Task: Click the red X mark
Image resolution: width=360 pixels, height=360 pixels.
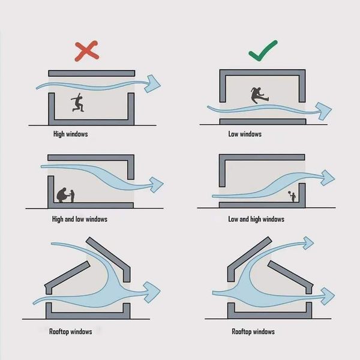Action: point(87,51)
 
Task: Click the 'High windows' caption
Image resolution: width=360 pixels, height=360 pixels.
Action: point(70,134)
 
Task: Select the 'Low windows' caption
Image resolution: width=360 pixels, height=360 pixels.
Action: point(245,134)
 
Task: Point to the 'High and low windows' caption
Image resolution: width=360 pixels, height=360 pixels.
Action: point(80,219)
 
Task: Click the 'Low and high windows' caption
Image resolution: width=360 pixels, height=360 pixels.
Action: point(256,219)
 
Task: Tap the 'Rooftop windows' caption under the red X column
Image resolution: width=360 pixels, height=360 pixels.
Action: point(70,332)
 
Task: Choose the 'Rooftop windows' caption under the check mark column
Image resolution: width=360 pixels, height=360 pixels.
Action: point(253,332)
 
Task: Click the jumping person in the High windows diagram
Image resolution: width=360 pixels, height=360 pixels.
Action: point(77,103)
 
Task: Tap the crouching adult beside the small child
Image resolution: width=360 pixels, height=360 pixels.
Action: point(62,195)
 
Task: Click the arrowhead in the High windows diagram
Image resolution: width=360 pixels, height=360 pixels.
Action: point(152,83)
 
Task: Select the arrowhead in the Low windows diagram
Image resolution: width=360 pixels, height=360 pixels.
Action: point(323,111)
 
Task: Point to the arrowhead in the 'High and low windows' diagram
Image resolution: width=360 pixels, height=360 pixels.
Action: point(157,185)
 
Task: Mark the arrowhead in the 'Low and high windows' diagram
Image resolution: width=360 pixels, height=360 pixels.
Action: point(328,178)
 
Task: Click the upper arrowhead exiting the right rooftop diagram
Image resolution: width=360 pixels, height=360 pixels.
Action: point(308,243)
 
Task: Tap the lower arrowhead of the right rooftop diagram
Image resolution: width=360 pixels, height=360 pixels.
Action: point(328,296)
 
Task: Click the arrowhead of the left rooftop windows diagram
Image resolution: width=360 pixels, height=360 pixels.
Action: point(152,292)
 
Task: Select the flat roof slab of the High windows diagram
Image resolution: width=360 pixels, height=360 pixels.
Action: point(92,73)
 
